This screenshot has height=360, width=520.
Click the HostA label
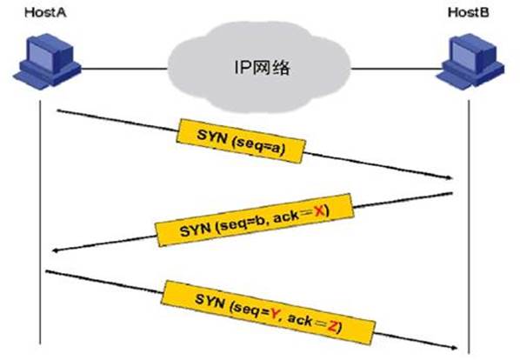pos(45,12)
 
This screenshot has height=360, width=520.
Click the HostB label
pos(469,12)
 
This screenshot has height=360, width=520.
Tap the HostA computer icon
pos(47,62)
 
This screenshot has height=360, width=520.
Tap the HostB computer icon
pos(470,62)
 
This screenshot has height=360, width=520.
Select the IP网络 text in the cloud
pos(262,67)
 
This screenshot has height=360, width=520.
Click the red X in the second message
pos(319,210)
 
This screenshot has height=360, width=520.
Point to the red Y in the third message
pos(274,312)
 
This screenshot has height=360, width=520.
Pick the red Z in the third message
pos(333,326)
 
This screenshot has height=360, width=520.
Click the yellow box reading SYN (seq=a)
pos(241,141)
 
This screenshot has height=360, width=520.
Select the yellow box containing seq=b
pos(255,220)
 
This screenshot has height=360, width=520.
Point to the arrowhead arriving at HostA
pos(56,250)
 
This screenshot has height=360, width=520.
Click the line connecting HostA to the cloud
pos(124,69)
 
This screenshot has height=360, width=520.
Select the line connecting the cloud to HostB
pos(396,69)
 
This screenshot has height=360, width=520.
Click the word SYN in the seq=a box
pos(212,137)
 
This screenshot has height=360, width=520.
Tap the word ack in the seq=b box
pos(287,217)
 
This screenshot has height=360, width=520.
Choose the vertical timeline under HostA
pos(40,222)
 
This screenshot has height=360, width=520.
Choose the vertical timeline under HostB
pos(469,226)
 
